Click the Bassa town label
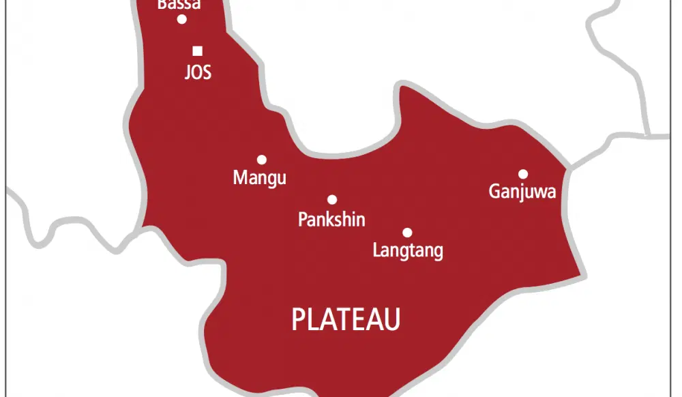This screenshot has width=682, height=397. [x=179, y=5]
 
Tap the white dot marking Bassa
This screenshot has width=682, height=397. [x=182, y=19]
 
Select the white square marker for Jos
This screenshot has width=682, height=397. [x=198, y=50]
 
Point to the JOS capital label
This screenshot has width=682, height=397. [x=198, y=72]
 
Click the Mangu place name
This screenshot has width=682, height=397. [x=259, y=179]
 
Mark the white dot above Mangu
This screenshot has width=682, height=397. [x=261, y=160]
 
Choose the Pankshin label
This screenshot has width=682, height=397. [x=331, y=220]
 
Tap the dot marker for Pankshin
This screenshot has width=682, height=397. [x=332, y=200]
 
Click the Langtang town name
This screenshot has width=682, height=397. [x=408, y=250]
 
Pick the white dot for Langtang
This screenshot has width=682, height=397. [x=407, y=232]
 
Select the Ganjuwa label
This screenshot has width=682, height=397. [x=522, y=192]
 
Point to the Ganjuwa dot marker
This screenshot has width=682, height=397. [x=523, y=174]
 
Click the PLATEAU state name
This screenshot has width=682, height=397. [x=346, y=319]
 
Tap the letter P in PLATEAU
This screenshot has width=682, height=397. [x=298, y=319]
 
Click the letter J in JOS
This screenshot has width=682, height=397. [x=188, y=72]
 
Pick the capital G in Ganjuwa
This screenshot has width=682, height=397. [x=494, y=192]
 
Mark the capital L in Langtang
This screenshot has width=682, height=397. [x=376, y=250]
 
